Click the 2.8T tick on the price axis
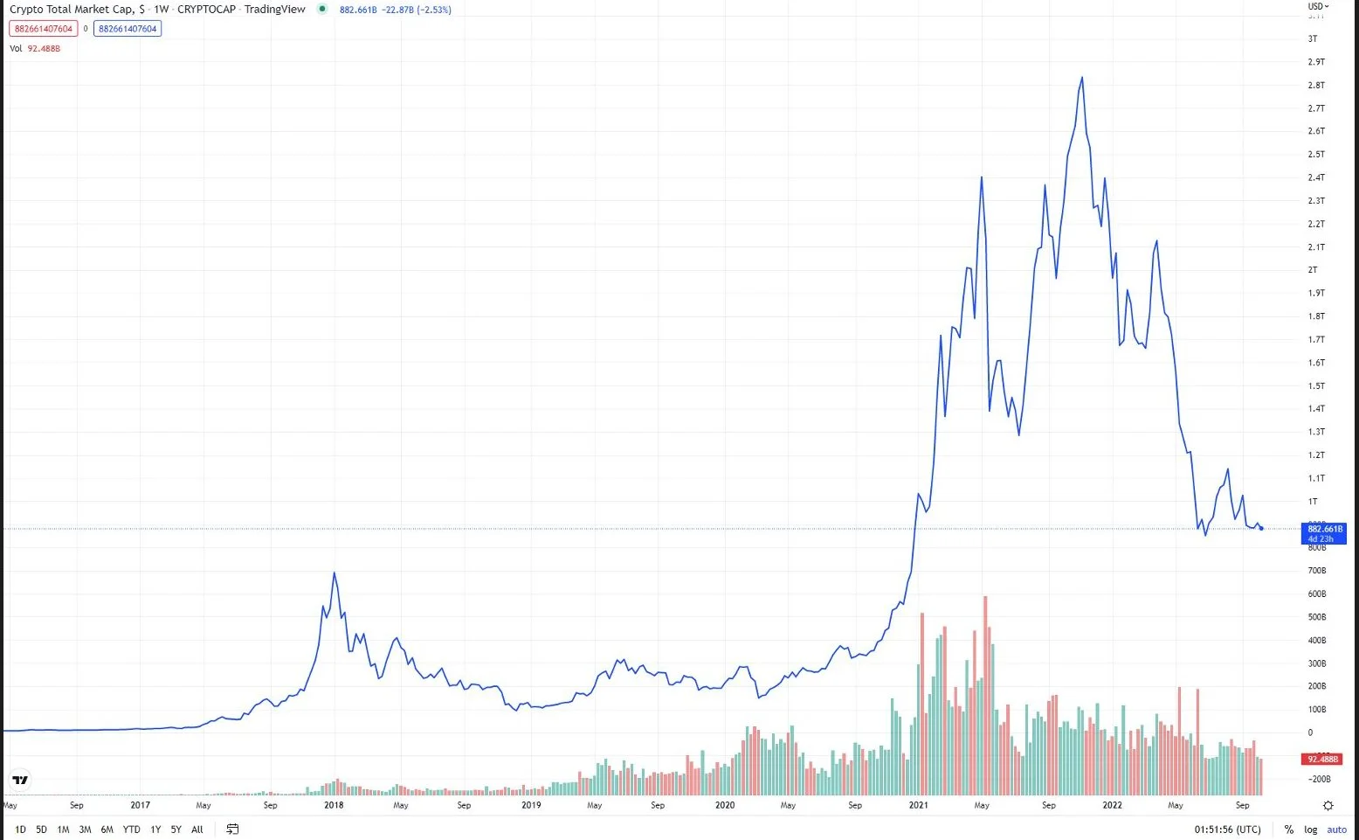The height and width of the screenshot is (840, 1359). (1316, 85)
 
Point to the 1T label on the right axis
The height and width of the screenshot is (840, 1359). (1313, 502)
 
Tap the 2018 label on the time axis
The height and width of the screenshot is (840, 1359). (334, 805)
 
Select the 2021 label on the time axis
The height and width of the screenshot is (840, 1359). (918, 805)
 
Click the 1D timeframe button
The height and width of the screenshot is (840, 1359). (20, 830)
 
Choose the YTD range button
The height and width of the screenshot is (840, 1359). (131, 830)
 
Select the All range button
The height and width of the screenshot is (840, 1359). (197, 830)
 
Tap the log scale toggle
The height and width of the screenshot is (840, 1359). (1311, 830)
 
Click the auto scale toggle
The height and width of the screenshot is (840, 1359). (1337, 830)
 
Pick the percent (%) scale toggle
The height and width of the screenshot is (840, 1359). (1288, 830)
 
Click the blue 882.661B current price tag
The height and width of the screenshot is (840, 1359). (1325, 532)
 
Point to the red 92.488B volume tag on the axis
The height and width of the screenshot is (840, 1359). (1324, 760)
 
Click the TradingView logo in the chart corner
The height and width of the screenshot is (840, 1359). (20, 780)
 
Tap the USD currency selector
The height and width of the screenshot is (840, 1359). (1318, 7)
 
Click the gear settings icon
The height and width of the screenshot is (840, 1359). (1328, 805)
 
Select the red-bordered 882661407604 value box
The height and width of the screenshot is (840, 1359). (44, 29)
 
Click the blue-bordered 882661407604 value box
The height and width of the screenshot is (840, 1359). (128, 29)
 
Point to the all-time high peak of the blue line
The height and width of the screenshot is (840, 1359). (1082, 78)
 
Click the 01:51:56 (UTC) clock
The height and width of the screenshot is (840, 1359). (1227, 830)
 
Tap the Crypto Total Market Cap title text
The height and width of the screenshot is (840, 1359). (77, 10)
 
